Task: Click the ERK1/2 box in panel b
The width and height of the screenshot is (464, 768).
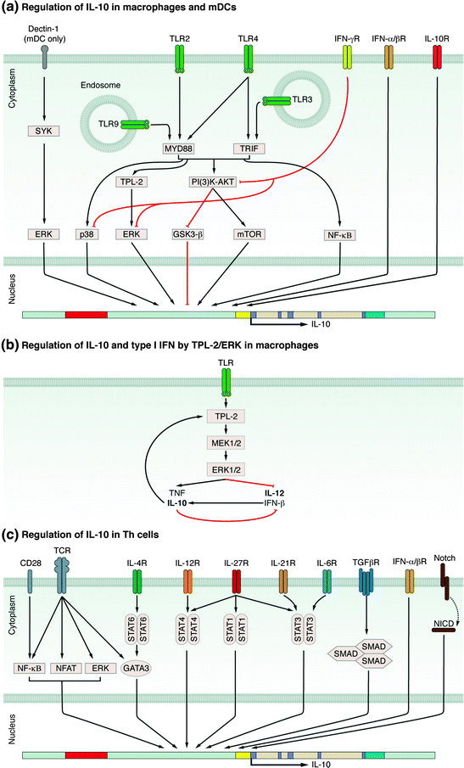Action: click(232, 468)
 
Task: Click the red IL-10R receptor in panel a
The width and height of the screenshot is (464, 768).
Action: click(438, 58)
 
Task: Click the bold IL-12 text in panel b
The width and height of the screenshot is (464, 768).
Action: click(274, 491)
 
